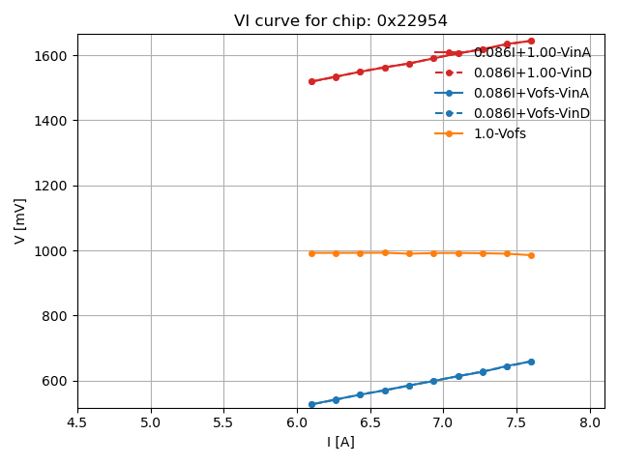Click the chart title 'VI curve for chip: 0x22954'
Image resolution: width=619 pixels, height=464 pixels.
click(x=340, y=21)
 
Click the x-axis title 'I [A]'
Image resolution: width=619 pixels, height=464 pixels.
click(x=340, y=442)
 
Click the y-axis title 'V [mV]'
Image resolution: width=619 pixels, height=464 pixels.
click(x=20, y=220)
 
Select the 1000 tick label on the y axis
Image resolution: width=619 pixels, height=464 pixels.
click(x=54, y=250)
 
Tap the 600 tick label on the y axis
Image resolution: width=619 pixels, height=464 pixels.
click(x=58, y=381)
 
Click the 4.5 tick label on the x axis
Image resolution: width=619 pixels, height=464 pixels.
click(x=77, y=422)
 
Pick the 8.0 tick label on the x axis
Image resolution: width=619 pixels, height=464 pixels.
click(x=590, y=422)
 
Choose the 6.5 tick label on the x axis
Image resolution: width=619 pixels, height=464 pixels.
click(x=370, y=422)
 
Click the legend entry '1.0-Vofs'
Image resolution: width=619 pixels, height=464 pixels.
click(x=499, y=133)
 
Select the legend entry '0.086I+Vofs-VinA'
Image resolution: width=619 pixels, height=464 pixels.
click(x=531, y=93)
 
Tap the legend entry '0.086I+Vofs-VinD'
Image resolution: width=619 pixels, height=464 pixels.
click(x=531, y=113)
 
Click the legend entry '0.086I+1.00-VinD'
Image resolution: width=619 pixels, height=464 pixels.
click(x=531, y=72)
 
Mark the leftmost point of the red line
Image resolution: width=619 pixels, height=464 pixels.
click(x=311, y=81)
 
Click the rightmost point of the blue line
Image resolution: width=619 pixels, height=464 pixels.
click(x=531, y=362)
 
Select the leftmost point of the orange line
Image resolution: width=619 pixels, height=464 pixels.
click(x=311, y=253)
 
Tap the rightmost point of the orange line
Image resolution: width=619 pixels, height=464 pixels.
click(x=531, y=255)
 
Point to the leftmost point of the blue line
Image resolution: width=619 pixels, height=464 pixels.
click(x=311, y=404)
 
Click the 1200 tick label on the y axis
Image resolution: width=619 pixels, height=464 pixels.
click(x=54, y=186)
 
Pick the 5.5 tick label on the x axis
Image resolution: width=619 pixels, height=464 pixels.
click(x=224, y=422)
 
